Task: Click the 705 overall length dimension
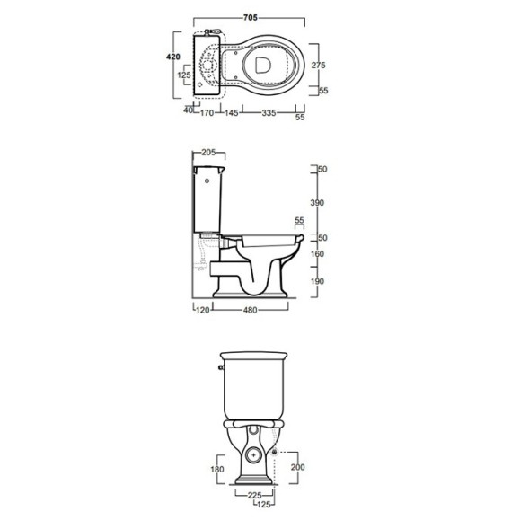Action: [251, 18]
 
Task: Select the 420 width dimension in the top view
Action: [173, 57]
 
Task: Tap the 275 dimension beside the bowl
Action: [318, 65]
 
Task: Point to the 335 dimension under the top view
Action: [269, 113]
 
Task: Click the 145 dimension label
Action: [232, 113]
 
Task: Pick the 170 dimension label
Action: [207, 113]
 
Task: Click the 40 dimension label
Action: [189, 110]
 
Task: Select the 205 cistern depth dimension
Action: [208, 153]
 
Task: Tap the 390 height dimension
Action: [317, 203]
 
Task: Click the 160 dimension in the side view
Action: [317, 253]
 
